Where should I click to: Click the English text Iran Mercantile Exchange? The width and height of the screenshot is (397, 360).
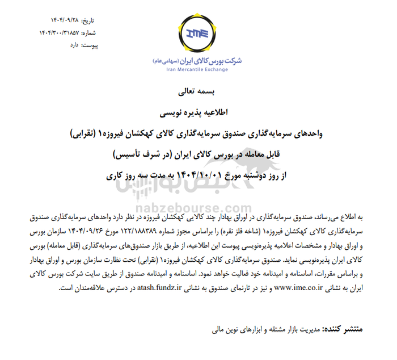[197, 70]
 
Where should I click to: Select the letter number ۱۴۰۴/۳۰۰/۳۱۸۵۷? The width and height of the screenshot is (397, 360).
[52, 32]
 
